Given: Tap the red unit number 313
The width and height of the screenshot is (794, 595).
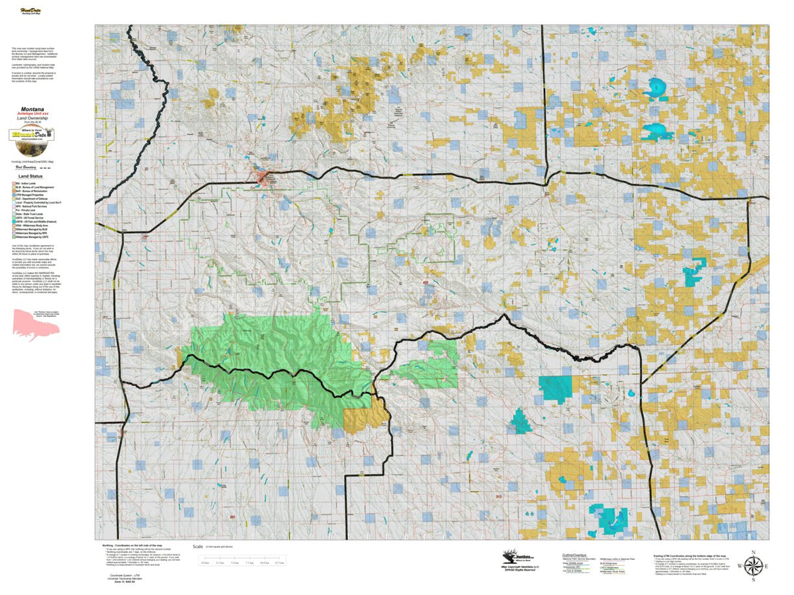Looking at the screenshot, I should point(499,495).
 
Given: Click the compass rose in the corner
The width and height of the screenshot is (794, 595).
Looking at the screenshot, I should point(753,566).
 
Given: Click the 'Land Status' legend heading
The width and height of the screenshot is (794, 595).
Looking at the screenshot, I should point(32,177).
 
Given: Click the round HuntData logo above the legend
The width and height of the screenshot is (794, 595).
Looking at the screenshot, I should point(32,136).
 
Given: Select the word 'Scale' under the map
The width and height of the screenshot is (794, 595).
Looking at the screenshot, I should point(197,547).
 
